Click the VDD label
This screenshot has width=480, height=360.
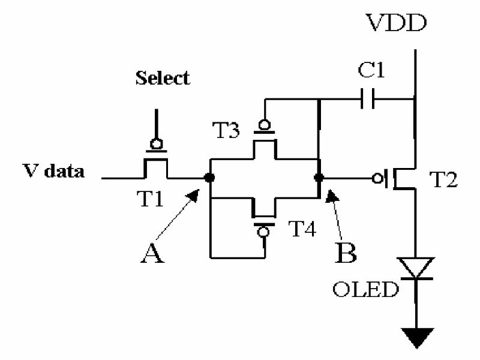[x=397, y=23]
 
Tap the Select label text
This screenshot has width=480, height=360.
[x=163, y=78]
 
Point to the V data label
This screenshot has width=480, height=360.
[x=53, y=171]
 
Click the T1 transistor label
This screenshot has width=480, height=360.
[x=150, y=199]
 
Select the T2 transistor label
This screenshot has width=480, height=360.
[x=443, y=179]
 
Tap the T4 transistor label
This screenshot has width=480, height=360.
[x=302, y=229]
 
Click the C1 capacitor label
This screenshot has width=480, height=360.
[x=371, y=70]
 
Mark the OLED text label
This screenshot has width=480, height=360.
[x=366, y=289]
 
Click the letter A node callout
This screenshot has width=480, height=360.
[x=152, y=253]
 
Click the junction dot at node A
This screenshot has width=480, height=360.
[x=209, y=178]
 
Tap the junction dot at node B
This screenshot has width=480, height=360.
[x=319, y=178]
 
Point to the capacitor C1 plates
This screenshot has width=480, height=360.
[x=367, y=99]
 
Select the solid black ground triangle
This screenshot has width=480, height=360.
[x=417, y=337]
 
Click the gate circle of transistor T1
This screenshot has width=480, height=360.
[x=157, y=144]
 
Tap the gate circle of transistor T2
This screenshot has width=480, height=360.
[x=377, y=178]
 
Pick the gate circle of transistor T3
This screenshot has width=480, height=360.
[x=265, y=125]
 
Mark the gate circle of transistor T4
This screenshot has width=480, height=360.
[x=263, y=232]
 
